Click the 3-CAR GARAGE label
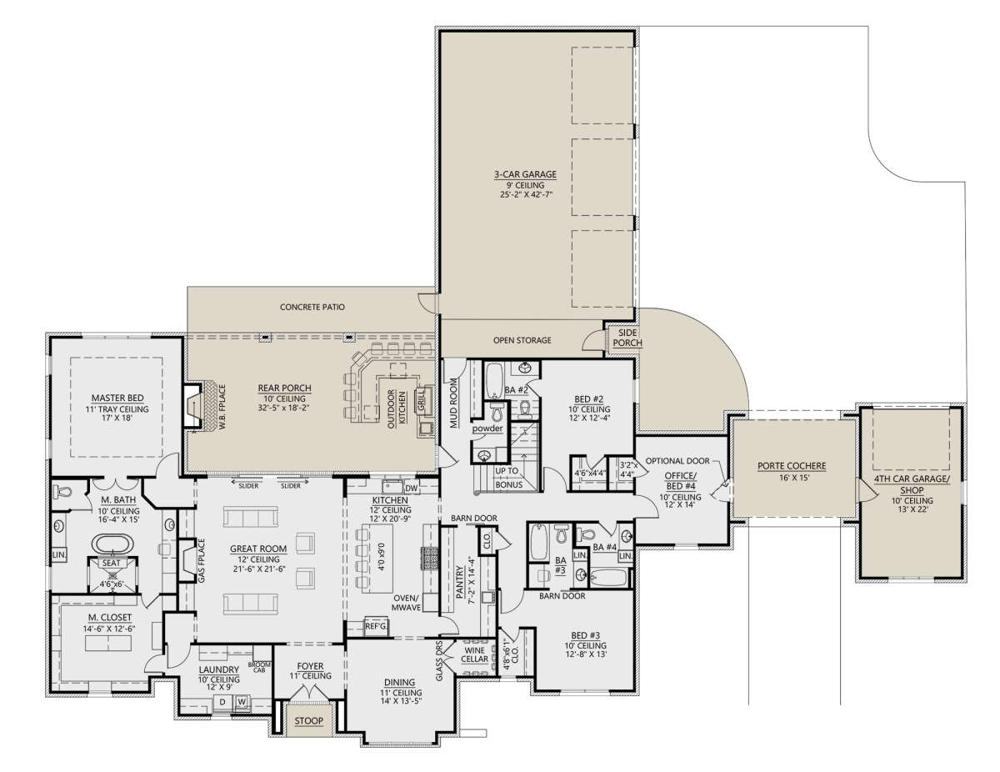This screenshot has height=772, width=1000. click(525, 174)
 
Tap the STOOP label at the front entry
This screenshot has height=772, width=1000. click(309, 720)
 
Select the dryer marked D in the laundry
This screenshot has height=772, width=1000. click(222, 702)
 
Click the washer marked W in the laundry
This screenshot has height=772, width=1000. click(242, 702)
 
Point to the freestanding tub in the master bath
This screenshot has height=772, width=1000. click(113, 544)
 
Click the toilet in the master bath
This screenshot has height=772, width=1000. click(63, 491)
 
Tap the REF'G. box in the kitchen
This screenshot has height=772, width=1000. click(377, 626)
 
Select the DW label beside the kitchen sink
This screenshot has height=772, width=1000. click(411, 488)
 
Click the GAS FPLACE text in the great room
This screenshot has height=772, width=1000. click(201, 560)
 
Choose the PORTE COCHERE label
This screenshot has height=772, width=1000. click(792, 466)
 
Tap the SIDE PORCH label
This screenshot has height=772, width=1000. click(627, 338)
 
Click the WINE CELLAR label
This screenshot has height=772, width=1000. click(474, 654)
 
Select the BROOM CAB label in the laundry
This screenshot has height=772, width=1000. click(259, 667)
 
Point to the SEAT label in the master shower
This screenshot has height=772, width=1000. click(111, 563)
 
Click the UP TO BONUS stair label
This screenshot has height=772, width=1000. click(508, 478)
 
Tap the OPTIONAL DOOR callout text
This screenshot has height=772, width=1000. click(677, 460)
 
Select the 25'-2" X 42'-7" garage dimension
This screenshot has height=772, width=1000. click(525, 194)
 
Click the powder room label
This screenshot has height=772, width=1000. click(487, 429)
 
